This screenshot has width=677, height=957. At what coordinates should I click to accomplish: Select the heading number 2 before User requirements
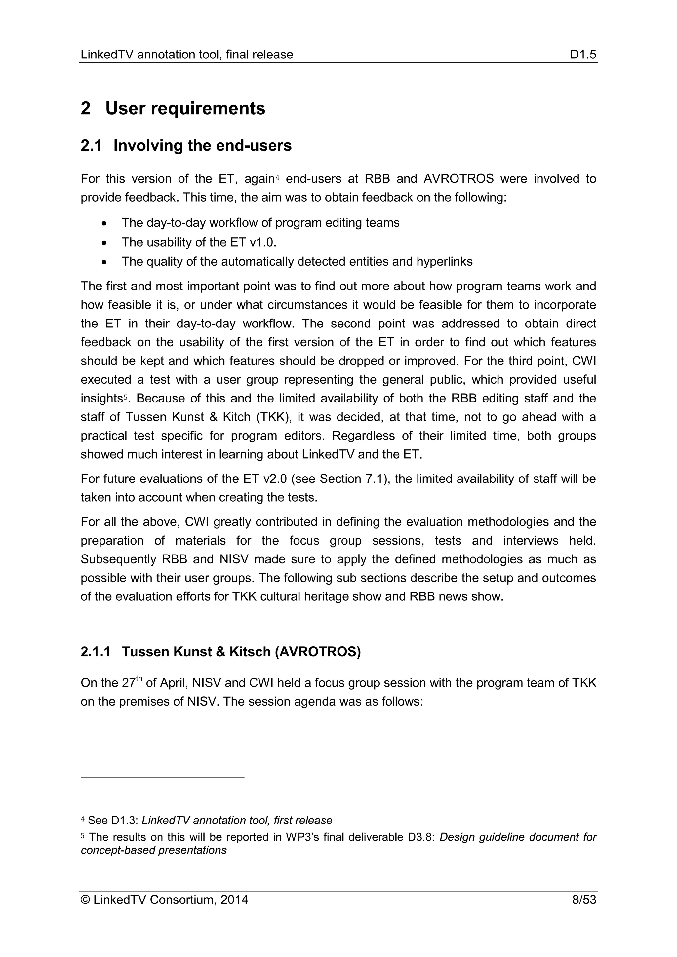click(x=86, y=109)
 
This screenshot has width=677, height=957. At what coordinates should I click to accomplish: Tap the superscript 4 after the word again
click(x=277, y=177)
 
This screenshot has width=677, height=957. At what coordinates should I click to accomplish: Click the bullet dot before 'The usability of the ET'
click(x=104, y=243)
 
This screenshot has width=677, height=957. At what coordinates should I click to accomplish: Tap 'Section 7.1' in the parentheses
click(x=353, y=479)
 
